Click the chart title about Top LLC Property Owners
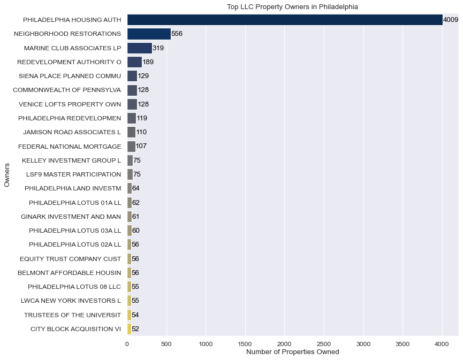click(292, 7)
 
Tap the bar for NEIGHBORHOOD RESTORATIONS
click(149, 34)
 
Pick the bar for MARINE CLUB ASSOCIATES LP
click(140, 48)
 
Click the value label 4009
click(450, 20)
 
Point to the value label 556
click(177, 34)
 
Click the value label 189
click(148, 62)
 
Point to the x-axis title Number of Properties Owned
click(292, 353)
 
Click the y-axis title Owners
click(7, 174)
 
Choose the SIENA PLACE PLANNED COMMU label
click(70, 76)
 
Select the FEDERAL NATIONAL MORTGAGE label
click(70, 146)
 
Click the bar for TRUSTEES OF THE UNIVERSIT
click(129, 315)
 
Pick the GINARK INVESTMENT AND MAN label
click(71, 217)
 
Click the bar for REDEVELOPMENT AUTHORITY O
click(134, 62)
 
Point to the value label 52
click(135, 329)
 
